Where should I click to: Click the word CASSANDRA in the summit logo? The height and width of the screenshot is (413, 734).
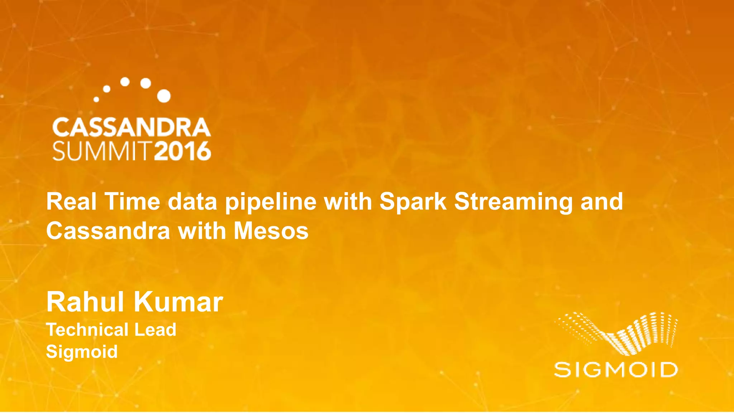131,128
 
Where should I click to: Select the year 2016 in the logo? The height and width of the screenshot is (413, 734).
182,151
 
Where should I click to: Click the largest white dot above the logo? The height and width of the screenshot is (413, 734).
164,96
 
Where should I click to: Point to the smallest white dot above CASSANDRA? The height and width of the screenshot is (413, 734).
96,99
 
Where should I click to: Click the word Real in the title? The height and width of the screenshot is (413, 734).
71,201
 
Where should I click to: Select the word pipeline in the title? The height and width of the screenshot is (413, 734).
271,202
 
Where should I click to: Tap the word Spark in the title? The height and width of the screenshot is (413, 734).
413,202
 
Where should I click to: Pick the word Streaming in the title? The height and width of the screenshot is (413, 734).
514,202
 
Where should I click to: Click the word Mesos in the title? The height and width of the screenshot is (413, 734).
271,231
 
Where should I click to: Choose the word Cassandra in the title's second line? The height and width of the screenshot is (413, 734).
108,231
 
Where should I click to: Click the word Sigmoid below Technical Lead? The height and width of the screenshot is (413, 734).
82,352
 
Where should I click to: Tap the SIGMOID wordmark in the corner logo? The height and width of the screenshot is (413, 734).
616,370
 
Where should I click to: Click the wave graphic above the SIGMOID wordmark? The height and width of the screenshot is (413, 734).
616,333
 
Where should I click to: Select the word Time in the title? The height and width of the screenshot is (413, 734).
132,201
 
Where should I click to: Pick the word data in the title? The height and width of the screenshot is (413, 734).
192,201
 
